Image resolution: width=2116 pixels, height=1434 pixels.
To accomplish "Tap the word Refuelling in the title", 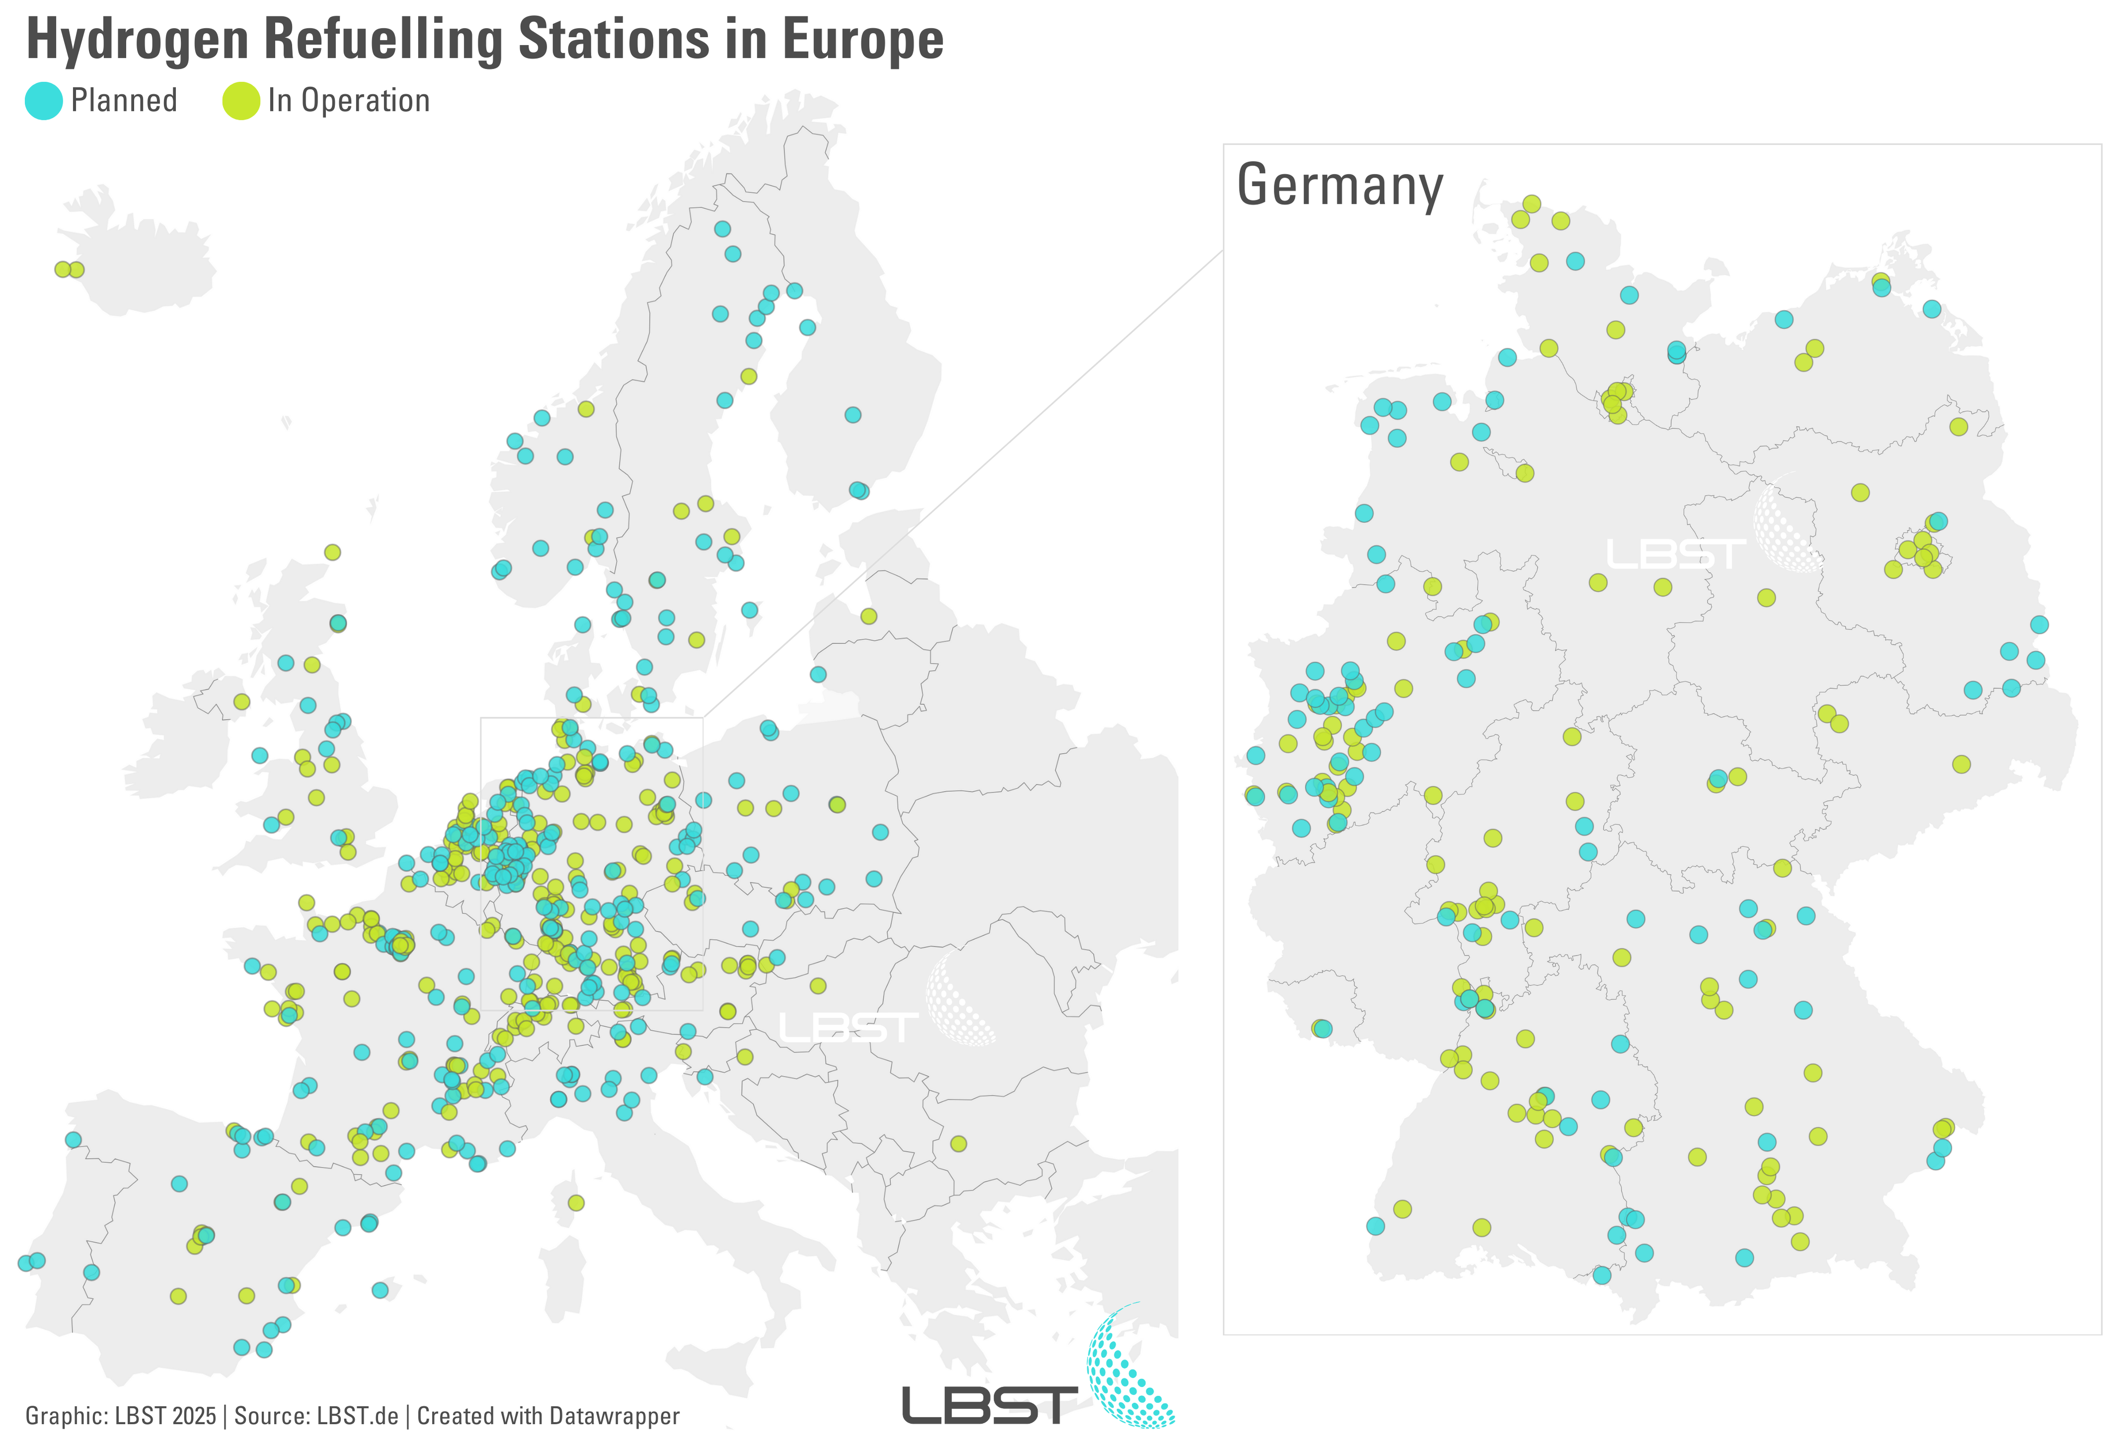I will tap(383, 40).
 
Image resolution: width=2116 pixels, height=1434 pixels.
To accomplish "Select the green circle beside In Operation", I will tap(241, 101).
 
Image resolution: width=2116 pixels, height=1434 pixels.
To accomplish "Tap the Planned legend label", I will tap(124, 101).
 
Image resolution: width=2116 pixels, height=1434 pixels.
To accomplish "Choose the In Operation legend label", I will tap(349, 101).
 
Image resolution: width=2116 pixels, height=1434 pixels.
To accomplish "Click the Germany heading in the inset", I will tap(1339, 186).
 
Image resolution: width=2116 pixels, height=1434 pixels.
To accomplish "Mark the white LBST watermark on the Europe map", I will tap(847, 1028).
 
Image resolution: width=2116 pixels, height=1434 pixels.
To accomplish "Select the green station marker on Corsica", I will tap(575, 1203).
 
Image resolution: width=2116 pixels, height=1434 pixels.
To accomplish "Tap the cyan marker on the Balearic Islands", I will tap(380, 1290).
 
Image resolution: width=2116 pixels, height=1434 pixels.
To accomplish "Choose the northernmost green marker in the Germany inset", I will tap(1531, 204).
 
